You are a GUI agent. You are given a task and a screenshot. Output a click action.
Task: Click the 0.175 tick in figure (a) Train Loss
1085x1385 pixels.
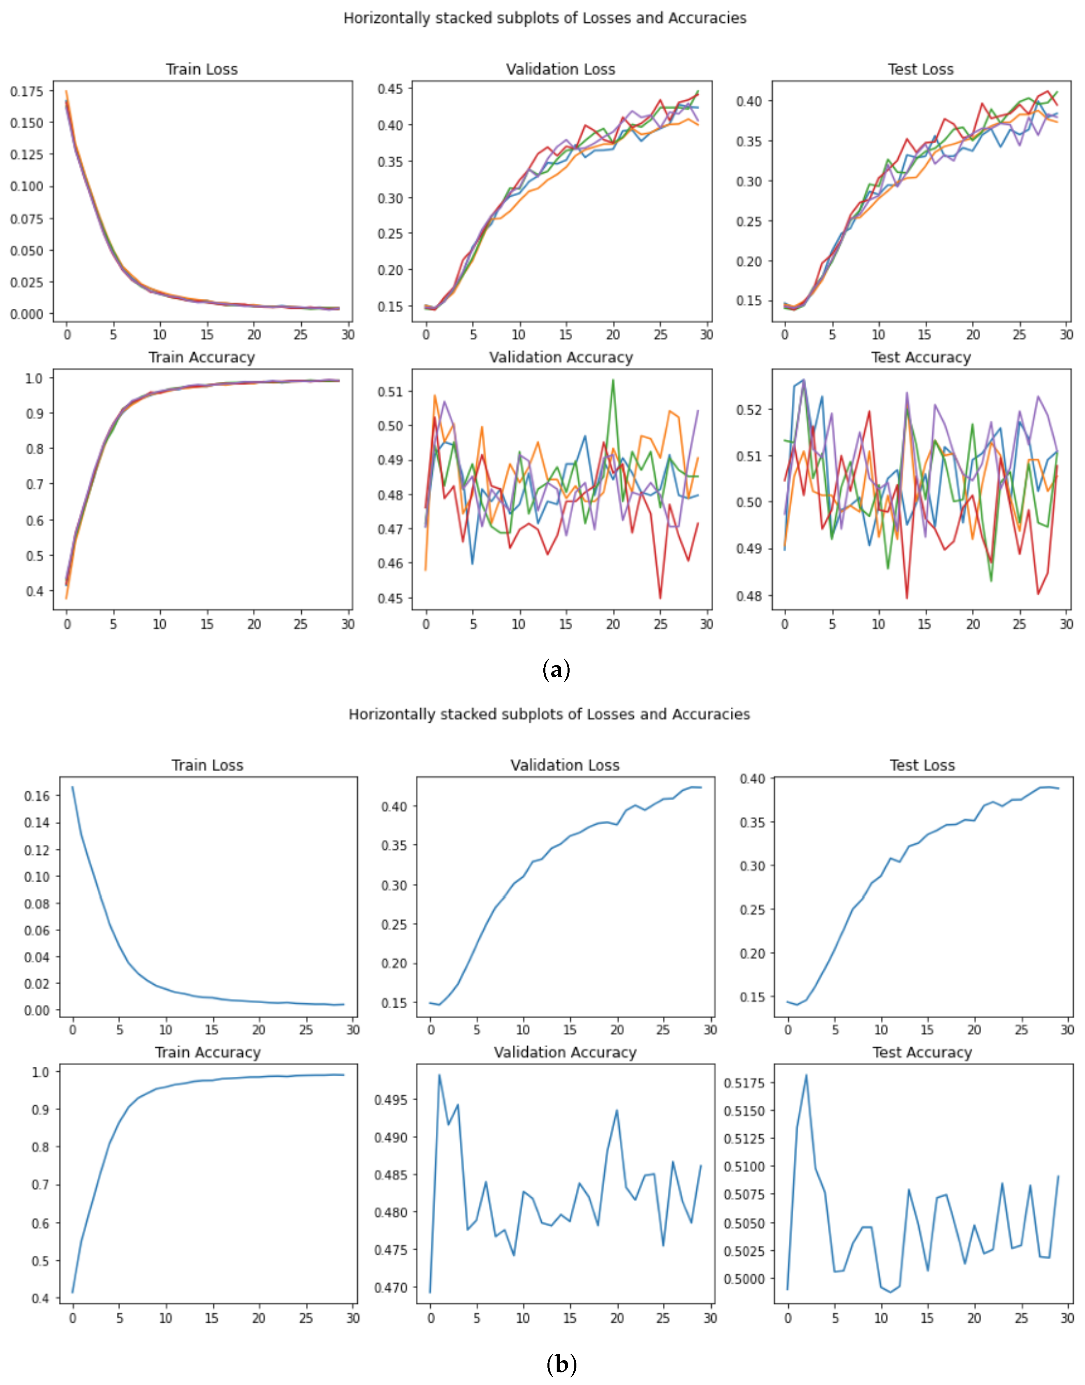point(27,92)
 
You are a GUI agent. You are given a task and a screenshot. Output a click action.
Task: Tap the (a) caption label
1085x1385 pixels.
point(557,670)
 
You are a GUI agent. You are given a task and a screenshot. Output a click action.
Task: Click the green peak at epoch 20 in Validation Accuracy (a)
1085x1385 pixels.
point(613,380)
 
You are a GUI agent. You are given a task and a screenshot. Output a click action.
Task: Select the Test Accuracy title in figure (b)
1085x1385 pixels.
point(923,1053)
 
